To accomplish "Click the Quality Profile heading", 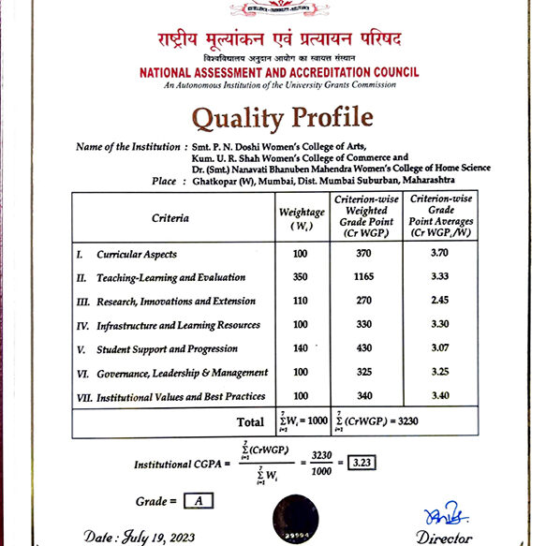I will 283,118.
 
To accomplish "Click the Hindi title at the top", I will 280,40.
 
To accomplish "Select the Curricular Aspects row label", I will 137,254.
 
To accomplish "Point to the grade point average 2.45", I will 438,302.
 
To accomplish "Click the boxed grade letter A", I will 198,500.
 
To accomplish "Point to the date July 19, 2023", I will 141,537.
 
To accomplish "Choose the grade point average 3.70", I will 438,254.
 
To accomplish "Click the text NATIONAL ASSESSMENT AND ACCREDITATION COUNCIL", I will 279,72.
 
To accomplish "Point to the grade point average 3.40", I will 438,396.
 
